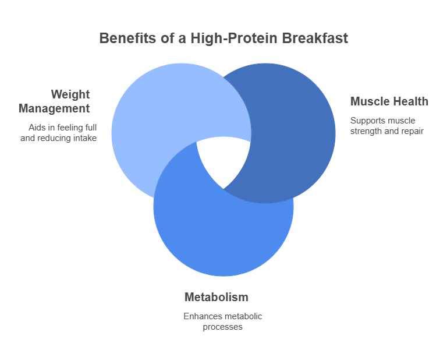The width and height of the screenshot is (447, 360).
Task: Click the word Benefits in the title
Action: [x=127, y=38]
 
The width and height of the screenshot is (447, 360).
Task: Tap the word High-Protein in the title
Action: [x=234, y=38]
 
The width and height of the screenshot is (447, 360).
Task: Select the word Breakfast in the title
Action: [x=315, y=38]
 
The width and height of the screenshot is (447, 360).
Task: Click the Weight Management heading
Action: [x=54, y=101]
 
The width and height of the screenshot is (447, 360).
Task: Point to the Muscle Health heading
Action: [x=389, y=101]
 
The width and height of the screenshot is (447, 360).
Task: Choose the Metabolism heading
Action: [x=217, y=297]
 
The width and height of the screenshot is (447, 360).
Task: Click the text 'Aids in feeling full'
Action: [x=62, y=128]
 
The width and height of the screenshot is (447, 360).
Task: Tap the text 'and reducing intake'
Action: [x=58, y=138]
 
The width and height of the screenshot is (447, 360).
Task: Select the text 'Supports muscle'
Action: [x=382, y=121]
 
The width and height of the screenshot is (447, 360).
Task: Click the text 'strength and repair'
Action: [x=387, y=131]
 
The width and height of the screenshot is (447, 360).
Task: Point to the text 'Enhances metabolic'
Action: [x=223, y=316]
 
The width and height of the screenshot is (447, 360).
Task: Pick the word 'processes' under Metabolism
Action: [x=223, y=327]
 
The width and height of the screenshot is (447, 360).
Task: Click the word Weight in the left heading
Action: [x=70, y=94]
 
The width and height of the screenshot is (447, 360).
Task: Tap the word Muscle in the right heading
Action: [x=369, y=101]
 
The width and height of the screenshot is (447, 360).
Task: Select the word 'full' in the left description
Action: [x=92, y=128]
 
